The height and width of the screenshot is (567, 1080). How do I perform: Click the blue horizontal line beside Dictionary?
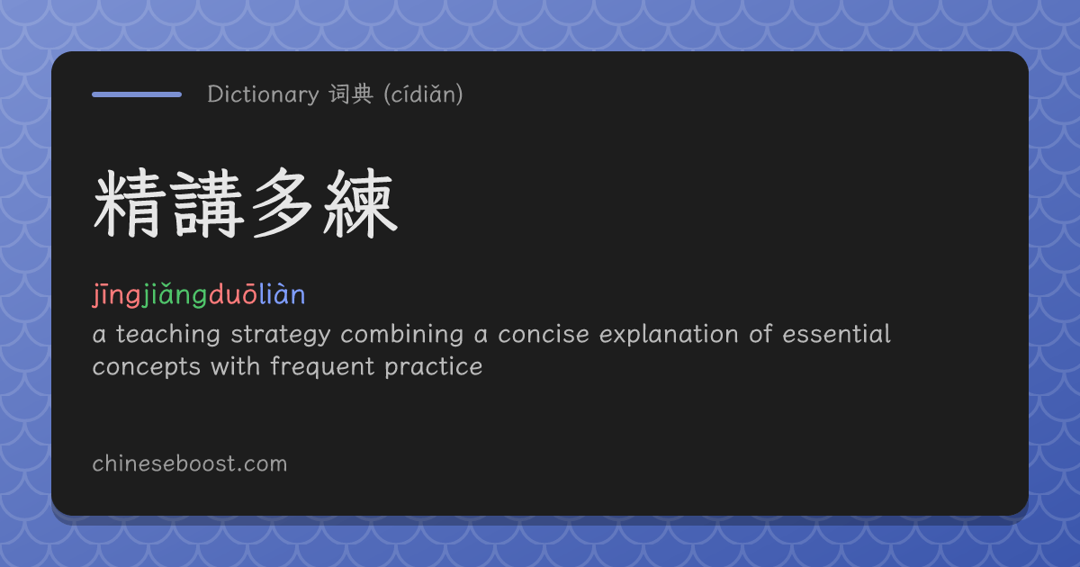[x=137, y=94]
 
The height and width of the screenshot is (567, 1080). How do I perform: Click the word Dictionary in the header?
[x=263, y=94]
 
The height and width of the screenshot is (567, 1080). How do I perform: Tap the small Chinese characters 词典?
[x=351, y=94]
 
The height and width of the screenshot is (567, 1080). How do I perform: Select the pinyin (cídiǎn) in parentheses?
[x=423, y=94]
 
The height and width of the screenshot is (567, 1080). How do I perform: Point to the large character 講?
[x=206, y=203]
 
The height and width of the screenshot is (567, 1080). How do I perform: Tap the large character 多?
[x=283, y=203]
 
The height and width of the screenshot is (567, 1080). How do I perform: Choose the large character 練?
[x=361, y=203]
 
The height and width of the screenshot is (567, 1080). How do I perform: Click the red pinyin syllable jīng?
[x=117, y=295]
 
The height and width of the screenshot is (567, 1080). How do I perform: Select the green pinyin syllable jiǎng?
[x=175, y=295]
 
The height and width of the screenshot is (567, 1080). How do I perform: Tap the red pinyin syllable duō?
[x=233, y=294]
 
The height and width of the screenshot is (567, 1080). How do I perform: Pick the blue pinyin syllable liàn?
[x=283, y=294]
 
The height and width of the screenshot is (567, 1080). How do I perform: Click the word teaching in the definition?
[x=167, y=335]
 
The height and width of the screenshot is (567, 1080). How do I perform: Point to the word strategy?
[x=281, y=335]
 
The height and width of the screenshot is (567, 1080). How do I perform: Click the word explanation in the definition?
[x=669, y=335]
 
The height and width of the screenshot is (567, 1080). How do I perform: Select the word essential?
[x=836, y=334]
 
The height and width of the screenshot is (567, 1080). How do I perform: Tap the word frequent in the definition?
[x=322, y=367]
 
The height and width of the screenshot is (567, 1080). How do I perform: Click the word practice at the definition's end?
[x=434, y=367]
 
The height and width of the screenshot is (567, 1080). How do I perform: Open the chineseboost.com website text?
[x=190, y=463]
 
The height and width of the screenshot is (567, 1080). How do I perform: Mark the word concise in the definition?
[x=544, y=334]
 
